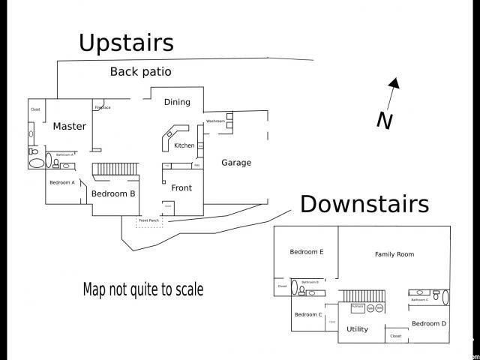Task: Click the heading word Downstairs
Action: [364, 204]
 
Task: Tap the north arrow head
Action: [394, 83]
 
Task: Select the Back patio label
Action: [141, 72]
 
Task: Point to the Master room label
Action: [69, 126]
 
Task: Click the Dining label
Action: [177, 102]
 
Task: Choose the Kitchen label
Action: [184, 145]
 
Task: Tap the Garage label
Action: [236, 163]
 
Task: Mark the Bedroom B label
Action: [113, 193]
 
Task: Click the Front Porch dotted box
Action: [148, 220]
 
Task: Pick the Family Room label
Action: [394, 254]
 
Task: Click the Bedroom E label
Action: [307, 252]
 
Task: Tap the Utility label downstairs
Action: [357, 328]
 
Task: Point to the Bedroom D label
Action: [429, 323]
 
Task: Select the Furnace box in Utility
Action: [357, 307]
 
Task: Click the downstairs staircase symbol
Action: [361, 295]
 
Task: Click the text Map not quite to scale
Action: [142, 289]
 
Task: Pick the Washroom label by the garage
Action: [215, 121]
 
